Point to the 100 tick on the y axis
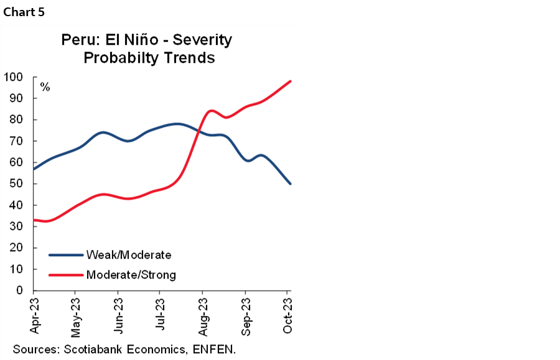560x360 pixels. pos(14,77)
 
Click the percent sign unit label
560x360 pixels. pos(45,87)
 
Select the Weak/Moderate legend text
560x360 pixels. pos(129,255)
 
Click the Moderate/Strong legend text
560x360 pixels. pos(131,275)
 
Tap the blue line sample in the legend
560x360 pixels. pos(66,255)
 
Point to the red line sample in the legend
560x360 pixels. pos(66,275)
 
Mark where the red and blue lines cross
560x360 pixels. pos(198,131)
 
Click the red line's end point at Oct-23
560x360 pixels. pos(291,81)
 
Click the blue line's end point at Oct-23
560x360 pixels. pos(291,183)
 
